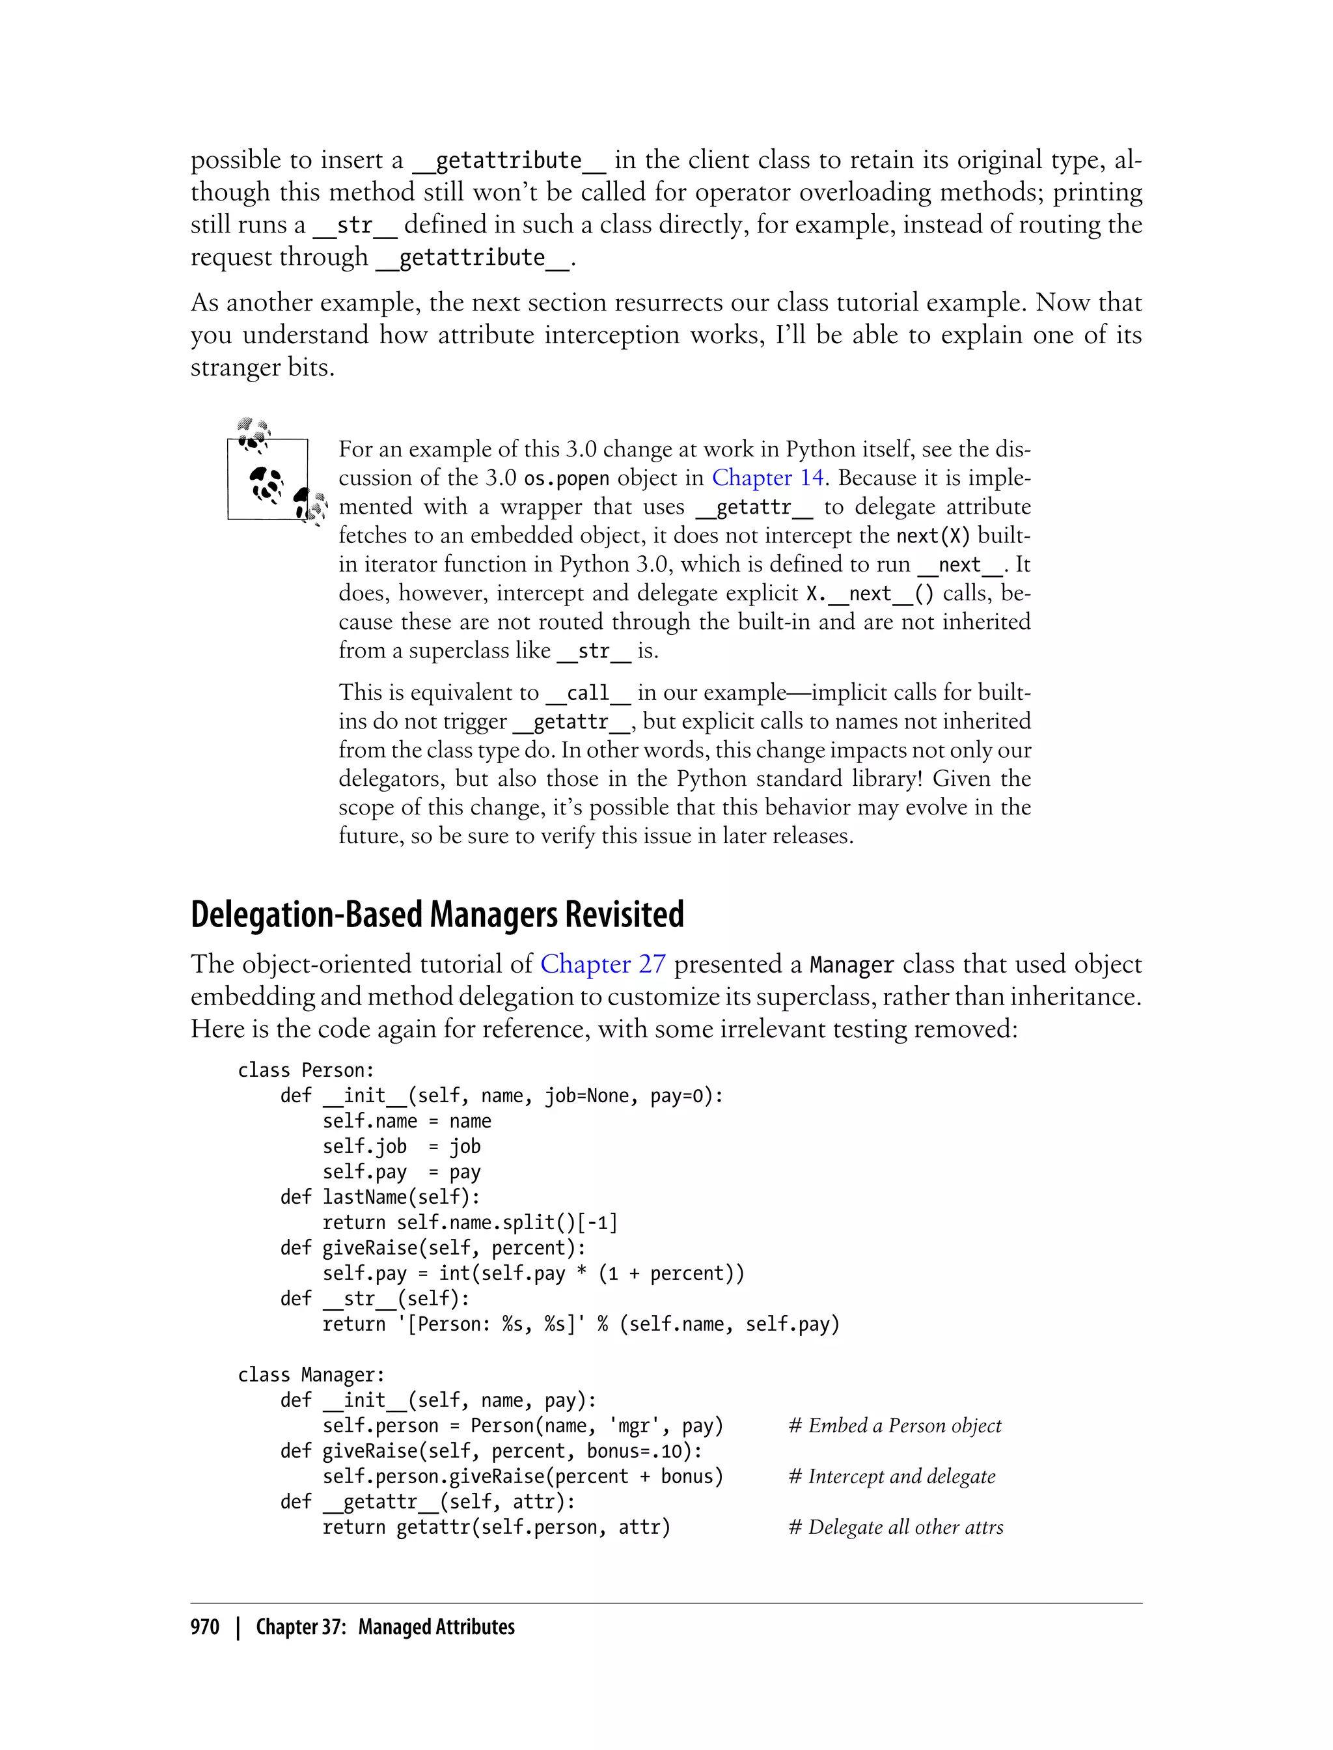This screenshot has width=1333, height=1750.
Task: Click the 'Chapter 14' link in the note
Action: (767, 478)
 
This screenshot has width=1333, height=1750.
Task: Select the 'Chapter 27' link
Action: (602, 964)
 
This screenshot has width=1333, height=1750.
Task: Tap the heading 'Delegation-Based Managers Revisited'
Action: (437, 915)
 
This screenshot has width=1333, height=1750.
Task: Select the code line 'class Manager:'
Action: (311, 1376)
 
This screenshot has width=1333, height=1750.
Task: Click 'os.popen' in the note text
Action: (566, 479)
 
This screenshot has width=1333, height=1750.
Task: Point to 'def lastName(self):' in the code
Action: (380, 1198)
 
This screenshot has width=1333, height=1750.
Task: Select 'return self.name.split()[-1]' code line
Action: (470, 1223)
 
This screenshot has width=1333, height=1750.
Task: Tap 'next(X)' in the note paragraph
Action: (933, 536)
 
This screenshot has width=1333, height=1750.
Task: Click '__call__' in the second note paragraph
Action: (588, 693)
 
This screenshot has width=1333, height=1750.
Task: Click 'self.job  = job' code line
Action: (402, 1147)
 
